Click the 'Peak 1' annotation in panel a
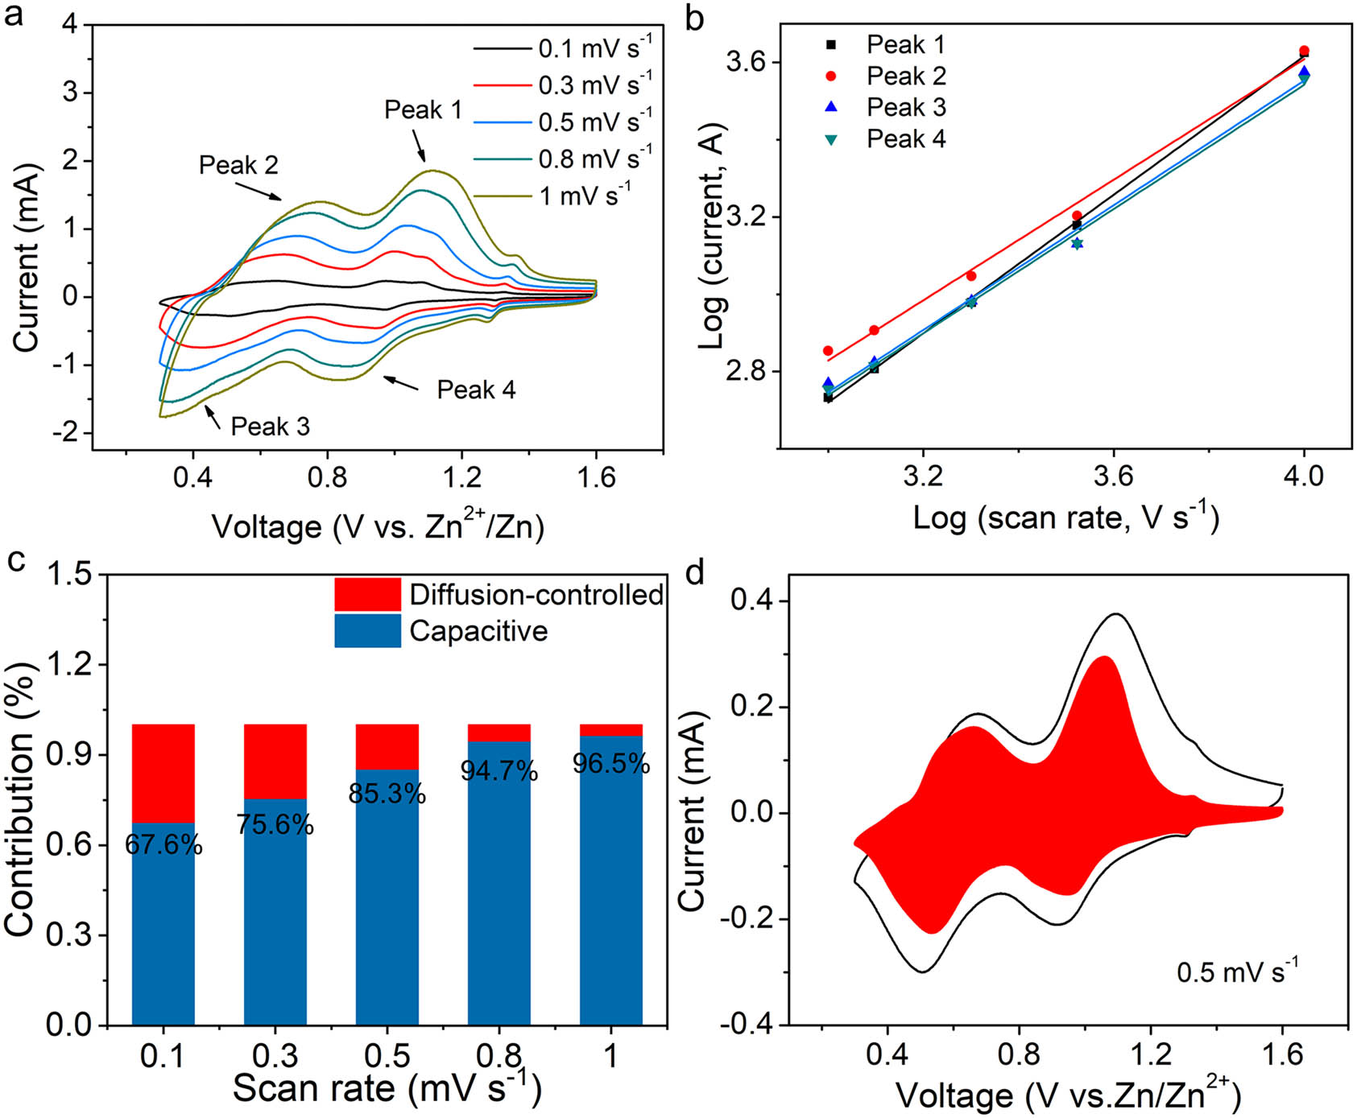pos(423,109)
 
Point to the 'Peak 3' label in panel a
pos(270,426)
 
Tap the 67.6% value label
pos(163,844)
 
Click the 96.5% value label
pos(611,763)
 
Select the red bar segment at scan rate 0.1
pos(163,774)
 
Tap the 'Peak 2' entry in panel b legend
pos(905,76)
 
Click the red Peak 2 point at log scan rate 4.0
pos(1305,51)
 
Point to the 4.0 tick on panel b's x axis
pos(1304,476)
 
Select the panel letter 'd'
pos(693,573)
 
